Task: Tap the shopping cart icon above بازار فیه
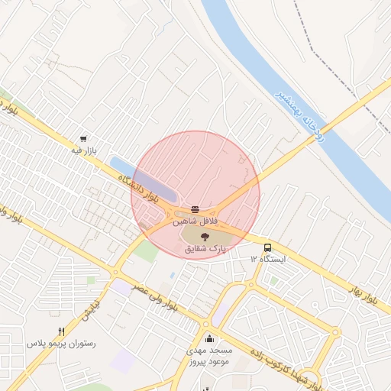pyautogui.click(x=82, y=140)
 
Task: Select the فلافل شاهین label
pyautogui.click(x=197, y=220)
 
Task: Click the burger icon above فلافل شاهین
pyautogui.click(x=196, y=208)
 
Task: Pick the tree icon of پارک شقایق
pyautogui.click(x=203, y=237)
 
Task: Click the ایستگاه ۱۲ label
pyautogui.click(x=267, y=260)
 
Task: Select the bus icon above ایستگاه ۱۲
pyautogui.click(x=267, y=248)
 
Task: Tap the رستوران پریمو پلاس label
pyautogui.click(x=61, y=344)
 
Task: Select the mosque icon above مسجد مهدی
pyautogui.click(x=208, y=338)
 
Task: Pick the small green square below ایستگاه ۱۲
pyautogui.click(x=273, y=280)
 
